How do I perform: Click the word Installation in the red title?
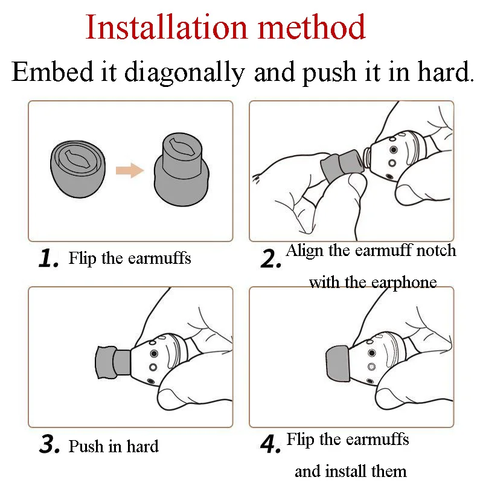click(167, 27)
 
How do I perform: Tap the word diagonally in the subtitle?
click(185, 73)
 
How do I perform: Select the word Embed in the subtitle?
click(52, 71)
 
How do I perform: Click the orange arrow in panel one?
click(130, 170)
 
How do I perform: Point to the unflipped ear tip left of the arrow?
click(78, 168)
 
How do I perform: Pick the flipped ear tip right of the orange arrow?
click(182, 169)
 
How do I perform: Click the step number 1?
click(48, 258)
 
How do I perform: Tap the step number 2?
click(270, 258)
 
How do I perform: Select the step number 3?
click(50, 444)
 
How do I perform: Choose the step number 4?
click(270, 444)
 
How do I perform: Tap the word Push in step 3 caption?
click(86, 446)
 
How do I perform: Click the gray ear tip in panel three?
click(113, 362)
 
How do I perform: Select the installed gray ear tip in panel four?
click(337, 363)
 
